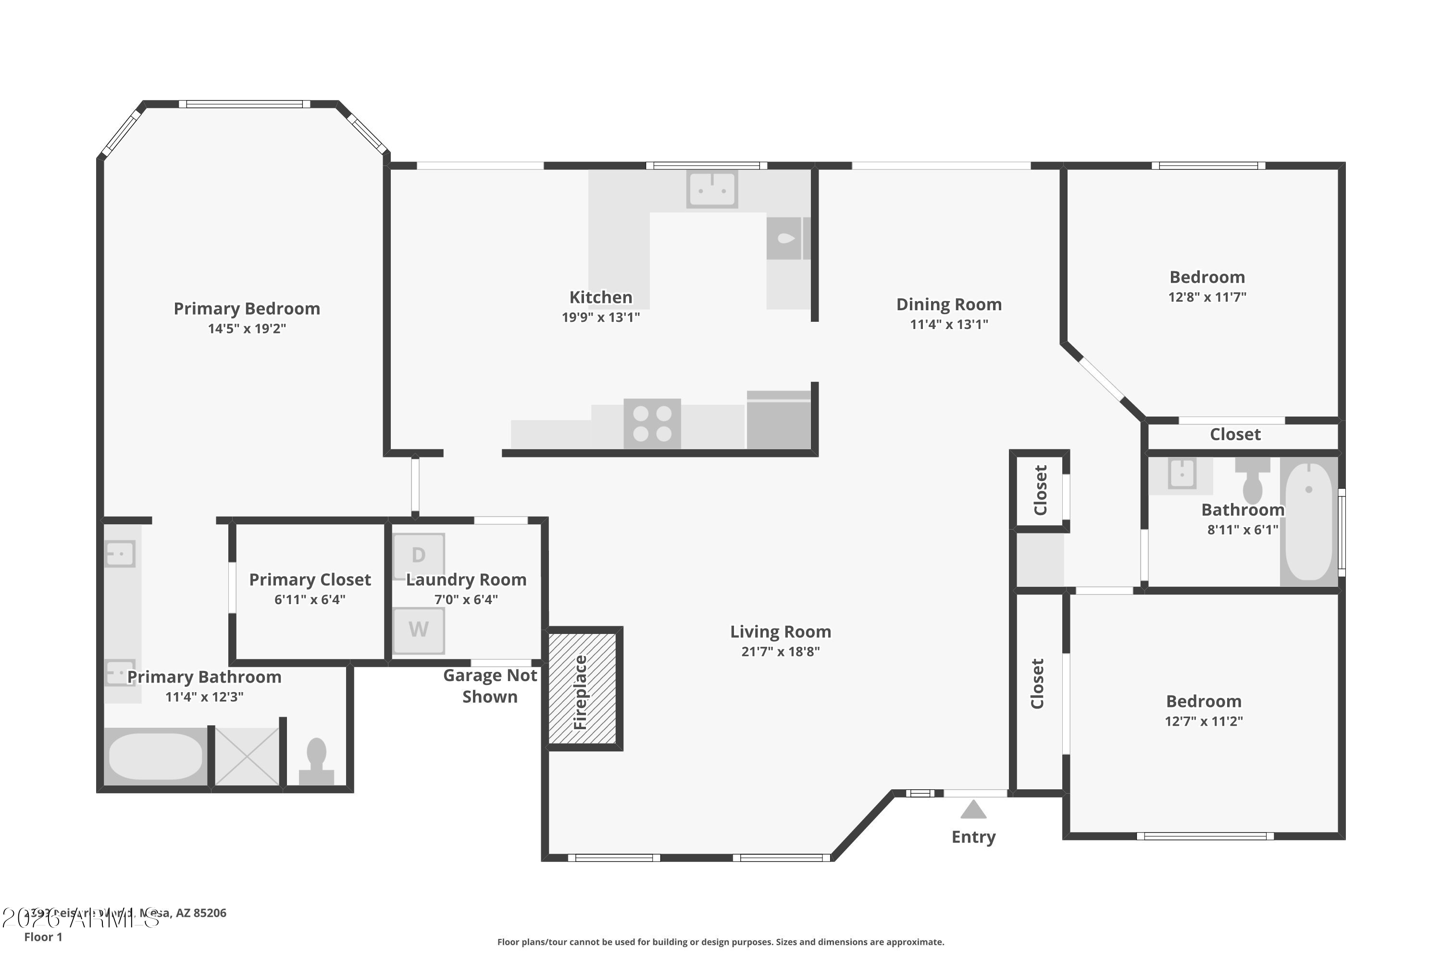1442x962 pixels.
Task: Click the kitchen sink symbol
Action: pyautogui.click(x=711, y=189)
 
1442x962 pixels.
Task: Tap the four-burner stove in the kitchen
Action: pyautogui.click(x=652, y=423)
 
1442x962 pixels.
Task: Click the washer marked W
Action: pyautogui.click(x=419, y=630)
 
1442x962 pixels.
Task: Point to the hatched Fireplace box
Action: pyautogui.click(x=583, y=688)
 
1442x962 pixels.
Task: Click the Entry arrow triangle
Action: pyautogui.click(x=973, y=810)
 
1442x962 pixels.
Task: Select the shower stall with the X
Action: pyautogui.click(x=247, y=756)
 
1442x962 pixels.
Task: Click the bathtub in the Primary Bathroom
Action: pyautogui.click(x=156, y=756)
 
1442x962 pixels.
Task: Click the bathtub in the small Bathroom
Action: pyautogui.click(x=1308, y=521)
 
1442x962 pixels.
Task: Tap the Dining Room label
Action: pyautogui.click(x=948, y=304)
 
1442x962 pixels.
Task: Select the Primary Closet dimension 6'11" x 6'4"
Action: pyautogui.click(x=310, y=599)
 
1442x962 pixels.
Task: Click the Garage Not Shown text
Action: pyautogui.click(x=490, y=686)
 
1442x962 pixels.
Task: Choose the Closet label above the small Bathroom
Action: pyautogui.click(x=1235, y=434)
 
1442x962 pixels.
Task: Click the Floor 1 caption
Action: pyautogui.click(x=43, y=937)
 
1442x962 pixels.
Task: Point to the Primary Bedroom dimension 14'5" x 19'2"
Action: pyautogui.click(x=247, y=328)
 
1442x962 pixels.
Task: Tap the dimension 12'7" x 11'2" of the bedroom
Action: pyautogui.click(x=1204, y=721)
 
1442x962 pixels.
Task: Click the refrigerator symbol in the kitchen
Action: pyautogui.click(x=779, y=423)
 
